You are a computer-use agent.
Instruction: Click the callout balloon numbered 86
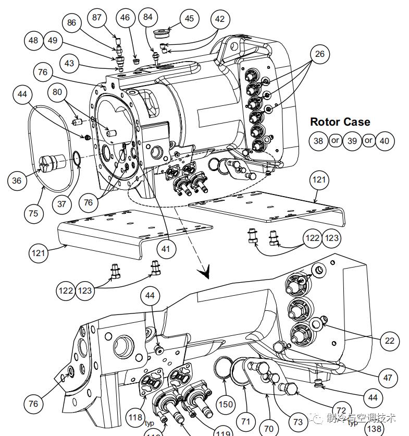(72, 23)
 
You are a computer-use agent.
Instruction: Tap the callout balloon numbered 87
(97, 17)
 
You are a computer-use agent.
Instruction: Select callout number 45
(189, 19)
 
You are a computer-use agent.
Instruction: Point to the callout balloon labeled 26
(319, 54)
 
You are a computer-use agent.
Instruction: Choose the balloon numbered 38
(318, 141)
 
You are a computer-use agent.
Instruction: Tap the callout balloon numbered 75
(33, 213)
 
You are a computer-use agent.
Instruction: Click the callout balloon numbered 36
(17, 180)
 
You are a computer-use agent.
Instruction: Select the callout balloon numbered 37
(62, 204)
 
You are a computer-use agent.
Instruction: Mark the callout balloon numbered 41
(165, 249)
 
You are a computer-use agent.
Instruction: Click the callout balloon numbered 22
(390, 341)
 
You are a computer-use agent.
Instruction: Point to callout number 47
(387, 378)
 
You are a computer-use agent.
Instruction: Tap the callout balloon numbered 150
(225, 405)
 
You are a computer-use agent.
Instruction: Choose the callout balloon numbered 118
(135, 417)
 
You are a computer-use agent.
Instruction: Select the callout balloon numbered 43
(69, 64)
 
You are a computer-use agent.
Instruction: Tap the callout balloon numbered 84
(148, 17)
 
